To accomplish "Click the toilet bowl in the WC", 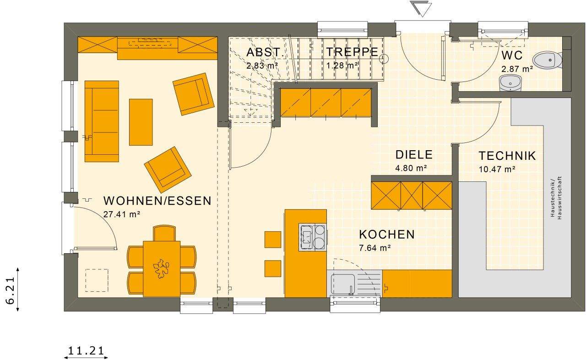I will [x=548, y=60].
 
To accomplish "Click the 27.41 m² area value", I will [x=121, y=213].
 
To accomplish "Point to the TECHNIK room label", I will [x=507, y=156].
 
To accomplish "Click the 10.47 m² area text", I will [x=497, y=169].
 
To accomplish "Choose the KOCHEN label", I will [x=387, y=235].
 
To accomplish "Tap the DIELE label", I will [x=414, y=155].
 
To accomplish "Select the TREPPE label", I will [x=353, y=52].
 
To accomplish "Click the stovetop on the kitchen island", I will [x=313, y=237].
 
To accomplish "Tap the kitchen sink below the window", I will [x=343, y=284].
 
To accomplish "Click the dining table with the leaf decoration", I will [x=162, y=268].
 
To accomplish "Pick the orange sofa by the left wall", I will [x=102, y=121].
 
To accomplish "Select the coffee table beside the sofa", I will [x=141, y=122].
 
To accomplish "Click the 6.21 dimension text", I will [x=9, y=289].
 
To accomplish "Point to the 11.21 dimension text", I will [x=86, y=351].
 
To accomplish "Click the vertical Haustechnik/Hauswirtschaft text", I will [x=556, y=198].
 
